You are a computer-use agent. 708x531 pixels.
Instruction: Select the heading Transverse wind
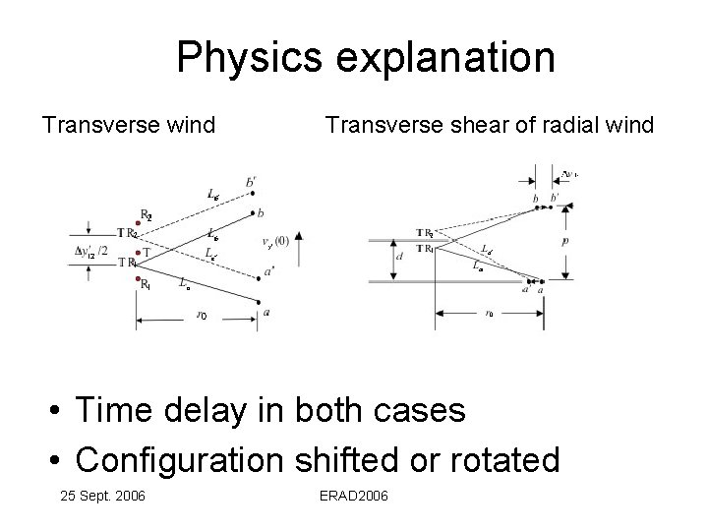[x=128, y=126]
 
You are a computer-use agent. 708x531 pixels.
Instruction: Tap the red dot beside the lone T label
[x=137, y=253]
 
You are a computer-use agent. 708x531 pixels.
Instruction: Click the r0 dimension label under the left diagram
[x=201, y=316]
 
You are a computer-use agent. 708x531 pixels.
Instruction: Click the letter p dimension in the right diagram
[x=567, y=238]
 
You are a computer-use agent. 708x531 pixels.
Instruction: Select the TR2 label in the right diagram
[x=425, y=233]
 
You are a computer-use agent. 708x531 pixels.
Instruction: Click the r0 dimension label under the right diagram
[x=489, y=314]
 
